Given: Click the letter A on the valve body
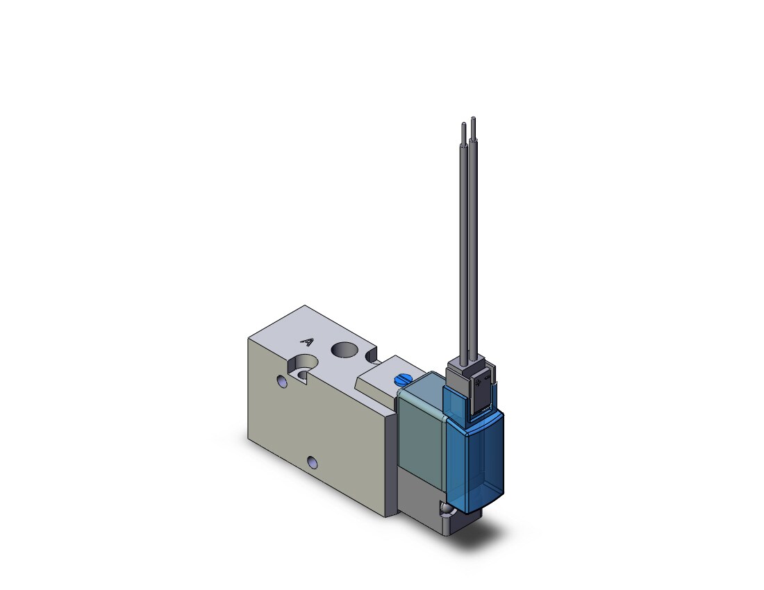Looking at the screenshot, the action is [x=307, y=342].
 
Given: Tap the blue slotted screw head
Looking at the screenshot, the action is [x=402, y=378].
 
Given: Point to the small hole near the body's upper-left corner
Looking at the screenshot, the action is [x=281, y=380].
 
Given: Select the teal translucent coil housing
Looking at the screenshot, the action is [x=421, y=421].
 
